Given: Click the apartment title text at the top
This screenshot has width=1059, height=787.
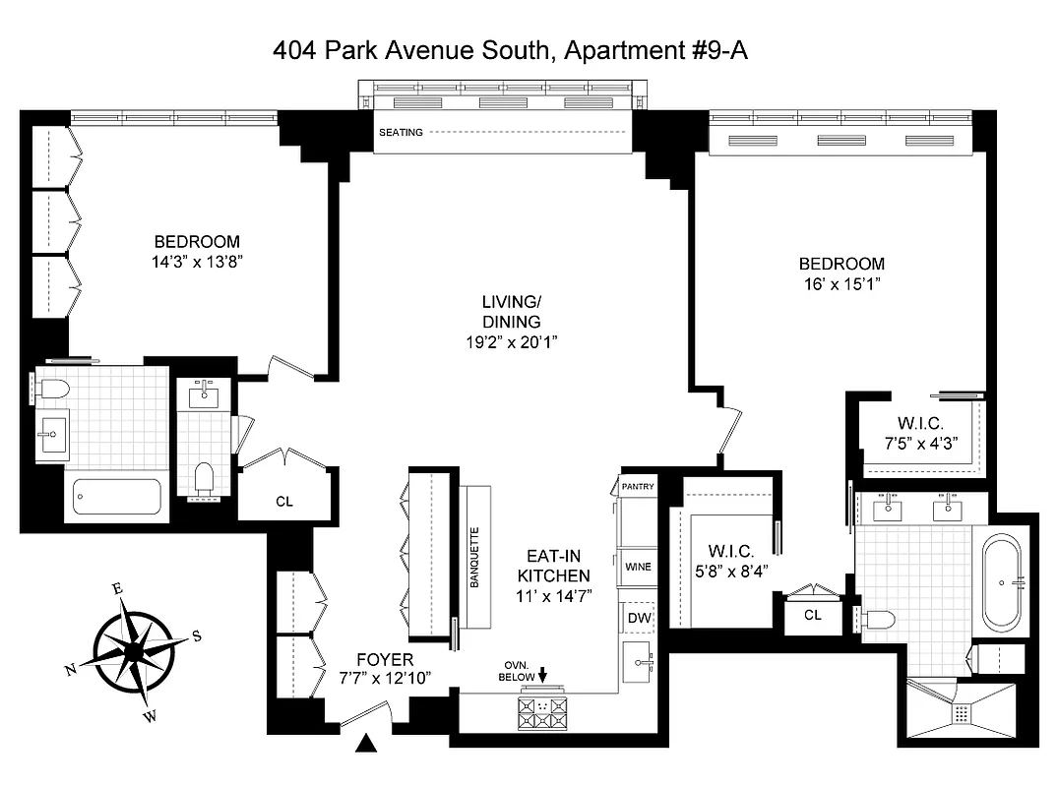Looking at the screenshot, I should pos(510,50).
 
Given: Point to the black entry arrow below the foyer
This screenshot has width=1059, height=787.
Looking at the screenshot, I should pos(367,745).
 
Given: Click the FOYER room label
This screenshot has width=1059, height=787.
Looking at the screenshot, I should pos(385,659).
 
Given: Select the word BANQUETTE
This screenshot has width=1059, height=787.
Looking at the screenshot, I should pos(473,558).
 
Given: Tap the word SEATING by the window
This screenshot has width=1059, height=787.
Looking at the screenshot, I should pos(401,132).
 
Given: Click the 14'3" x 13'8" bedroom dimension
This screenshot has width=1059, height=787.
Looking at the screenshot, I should pos(197,262).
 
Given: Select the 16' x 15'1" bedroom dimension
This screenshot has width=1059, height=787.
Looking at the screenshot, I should pos(841,284).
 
